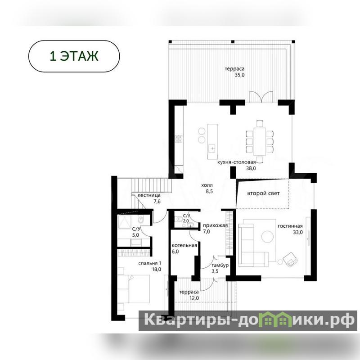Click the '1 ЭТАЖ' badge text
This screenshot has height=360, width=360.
74,56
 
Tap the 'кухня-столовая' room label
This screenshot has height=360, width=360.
237,162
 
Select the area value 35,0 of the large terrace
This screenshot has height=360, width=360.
239,75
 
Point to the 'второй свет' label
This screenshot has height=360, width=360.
263,193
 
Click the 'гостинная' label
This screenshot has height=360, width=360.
290,226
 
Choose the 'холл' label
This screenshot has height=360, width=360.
207,185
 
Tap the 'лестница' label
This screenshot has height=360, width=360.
149,195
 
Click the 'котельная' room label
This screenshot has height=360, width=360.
184,245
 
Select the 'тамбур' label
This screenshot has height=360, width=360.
220,265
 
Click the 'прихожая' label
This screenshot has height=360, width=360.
216,225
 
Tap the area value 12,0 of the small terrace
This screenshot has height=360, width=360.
194,298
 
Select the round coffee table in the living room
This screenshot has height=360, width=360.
267,236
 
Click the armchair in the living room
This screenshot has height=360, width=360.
290,260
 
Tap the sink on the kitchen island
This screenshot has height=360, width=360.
212,148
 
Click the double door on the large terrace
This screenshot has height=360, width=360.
261,96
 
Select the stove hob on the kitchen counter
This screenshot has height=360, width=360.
179,139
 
